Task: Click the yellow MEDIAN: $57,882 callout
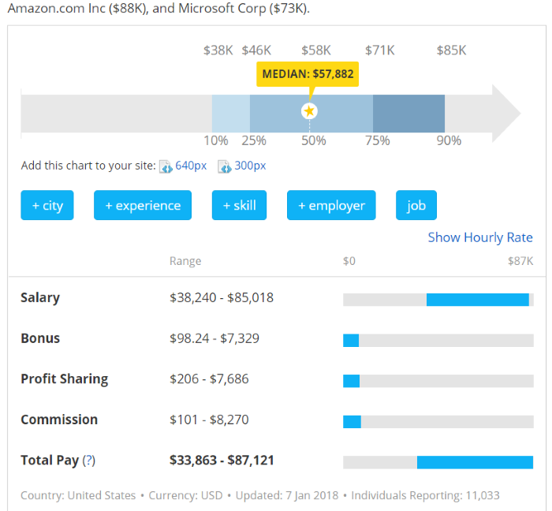point(308,75)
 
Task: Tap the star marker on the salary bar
point(309,111)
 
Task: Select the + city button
point(47,205)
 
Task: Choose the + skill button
point(239,205)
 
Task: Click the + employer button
point(331,205)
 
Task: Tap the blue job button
point(416,205)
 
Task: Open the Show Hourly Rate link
point(480,237)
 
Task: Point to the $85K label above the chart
point(452,50)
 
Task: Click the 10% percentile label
point(216,140)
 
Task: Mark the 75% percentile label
point(378,140)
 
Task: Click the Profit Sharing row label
point(65,379)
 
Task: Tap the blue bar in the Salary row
point(477,300)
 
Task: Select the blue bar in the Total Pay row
point(475,462)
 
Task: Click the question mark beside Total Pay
point(89,461)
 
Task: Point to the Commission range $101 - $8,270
point(209,420)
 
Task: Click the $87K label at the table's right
point(520,261)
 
